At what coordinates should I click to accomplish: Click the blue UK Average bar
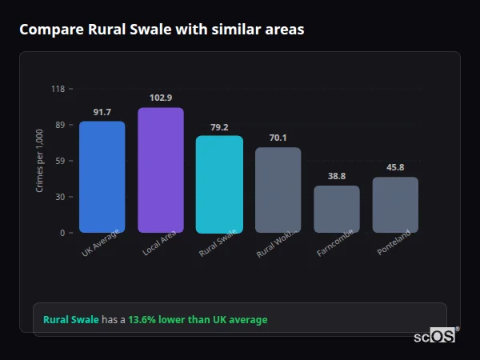pyautogui.click(x=102, y=177)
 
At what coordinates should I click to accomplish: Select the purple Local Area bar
pyautogui.click(x=161, y=170)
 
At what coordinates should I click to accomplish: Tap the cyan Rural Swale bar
pyautogui.click(x=219, y=184)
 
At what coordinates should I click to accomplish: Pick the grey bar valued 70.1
pyautogui.click(x=278, y=190)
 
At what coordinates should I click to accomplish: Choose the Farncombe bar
pyautogui.click(x=337, y=209)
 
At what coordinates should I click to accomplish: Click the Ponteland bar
pyautogui.click(x=395, y=205)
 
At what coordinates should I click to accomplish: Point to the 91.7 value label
pyautogui.click(x=102, y=112)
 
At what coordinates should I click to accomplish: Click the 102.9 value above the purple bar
pyautogui.click(x=161, y=98)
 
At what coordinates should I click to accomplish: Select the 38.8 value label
pyautogui.click(x=337, y=176)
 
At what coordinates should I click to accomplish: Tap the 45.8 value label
pyautogui.click(x=395, y=167)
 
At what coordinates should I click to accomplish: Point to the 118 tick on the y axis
pyautogui.click(x=58, y=89)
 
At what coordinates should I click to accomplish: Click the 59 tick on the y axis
pyautogui.click(x=59, y=161)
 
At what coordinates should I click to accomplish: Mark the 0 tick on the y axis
pyautogui.click(x=62, y=233)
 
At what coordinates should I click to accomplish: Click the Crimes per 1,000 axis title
pyautogui.click(x=40, y=161)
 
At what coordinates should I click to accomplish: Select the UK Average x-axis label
pyautogui.click(x=100, y=243)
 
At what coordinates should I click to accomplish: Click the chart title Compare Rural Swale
pyautogui.click(x=162, y=30)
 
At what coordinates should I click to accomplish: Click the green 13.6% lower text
pyautogui.click(x=198, y=320)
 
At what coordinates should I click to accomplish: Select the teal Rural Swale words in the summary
pyautogui.click(x=71, y=320)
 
